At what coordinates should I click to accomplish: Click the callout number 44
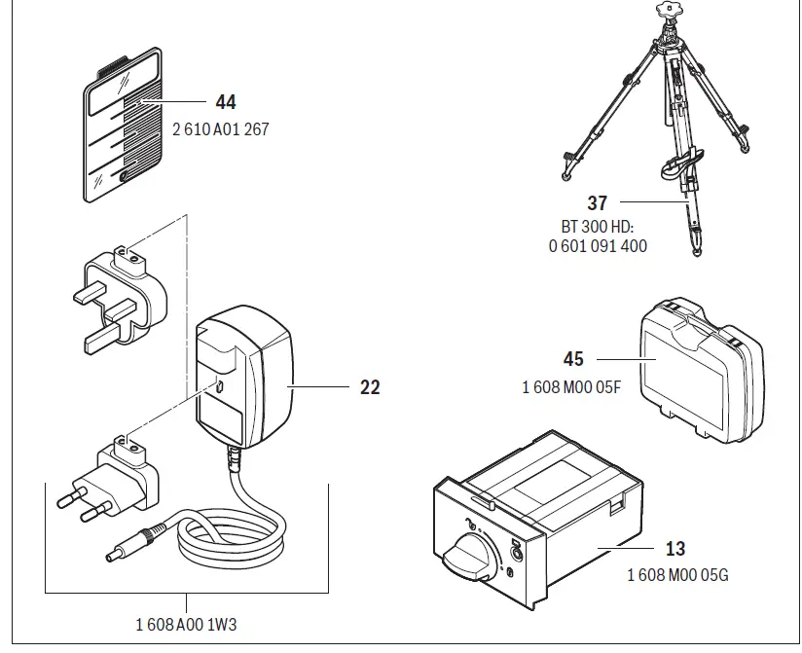225,102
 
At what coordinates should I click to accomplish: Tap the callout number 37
598,203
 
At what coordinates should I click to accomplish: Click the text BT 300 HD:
598,227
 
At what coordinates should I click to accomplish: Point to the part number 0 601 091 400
598,246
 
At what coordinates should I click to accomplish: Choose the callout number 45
573,360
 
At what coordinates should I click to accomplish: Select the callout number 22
370,387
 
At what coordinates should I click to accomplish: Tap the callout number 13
676,550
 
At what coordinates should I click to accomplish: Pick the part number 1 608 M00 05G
677,575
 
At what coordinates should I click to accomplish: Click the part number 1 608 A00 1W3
185,625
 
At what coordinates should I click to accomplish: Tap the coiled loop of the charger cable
234,540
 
